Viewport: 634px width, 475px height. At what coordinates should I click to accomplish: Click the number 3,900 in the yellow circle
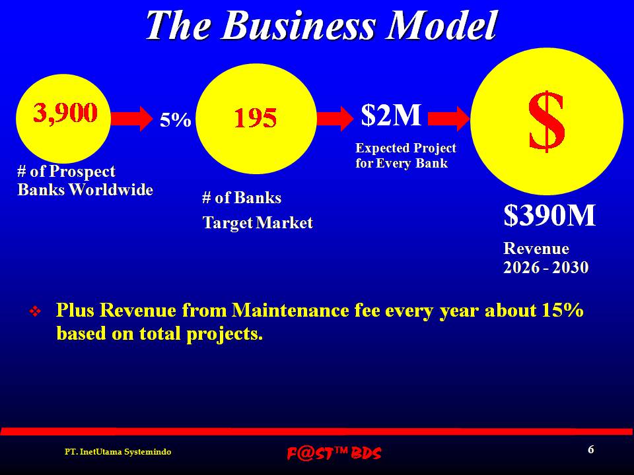click(65, 112)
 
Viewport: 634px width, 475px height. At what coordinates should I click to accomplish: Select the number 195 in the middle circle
click(256, 118)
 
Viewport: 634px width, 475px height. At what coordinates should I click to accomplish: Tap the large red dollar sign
click(546, 121)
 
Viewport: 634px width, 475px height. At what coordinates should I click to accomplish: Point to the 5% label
click(176, 120)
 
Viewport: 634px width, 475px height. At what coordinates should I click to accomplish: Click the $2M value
click(391, 115)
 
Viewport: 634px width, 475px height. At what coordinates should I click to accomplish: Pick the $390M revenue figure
click(549, 215)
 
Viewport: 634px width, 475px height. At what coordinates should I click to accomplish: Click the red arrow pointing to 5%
click(132, 118)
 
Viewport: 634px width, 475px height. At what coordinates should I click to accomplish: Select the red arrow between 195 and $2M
click(335, 118)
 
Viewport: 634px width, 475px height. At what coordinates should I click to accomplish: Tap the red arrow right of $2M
click(449, 119)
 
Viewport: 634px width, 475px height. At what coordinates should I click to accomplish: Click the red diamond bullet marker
click(35, 311)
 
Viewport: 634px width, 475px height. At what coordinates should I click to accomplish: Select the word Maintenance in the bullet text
click(291, 310)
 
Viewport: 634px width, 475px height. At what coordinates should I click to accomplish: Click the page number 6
click(590, 449)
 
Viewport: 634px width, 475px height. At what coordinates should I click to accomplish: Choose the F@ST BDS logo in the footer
click(334, 453)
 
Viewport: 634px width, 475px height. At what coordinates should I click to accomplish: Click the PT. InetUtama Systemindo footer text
click(118, 451)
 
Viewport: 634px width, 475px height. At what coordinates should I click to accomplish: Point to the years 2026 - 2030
click(546, 267)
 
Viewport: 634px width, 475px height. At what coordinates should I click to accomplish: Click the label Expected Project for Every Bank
click(406, 156)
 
